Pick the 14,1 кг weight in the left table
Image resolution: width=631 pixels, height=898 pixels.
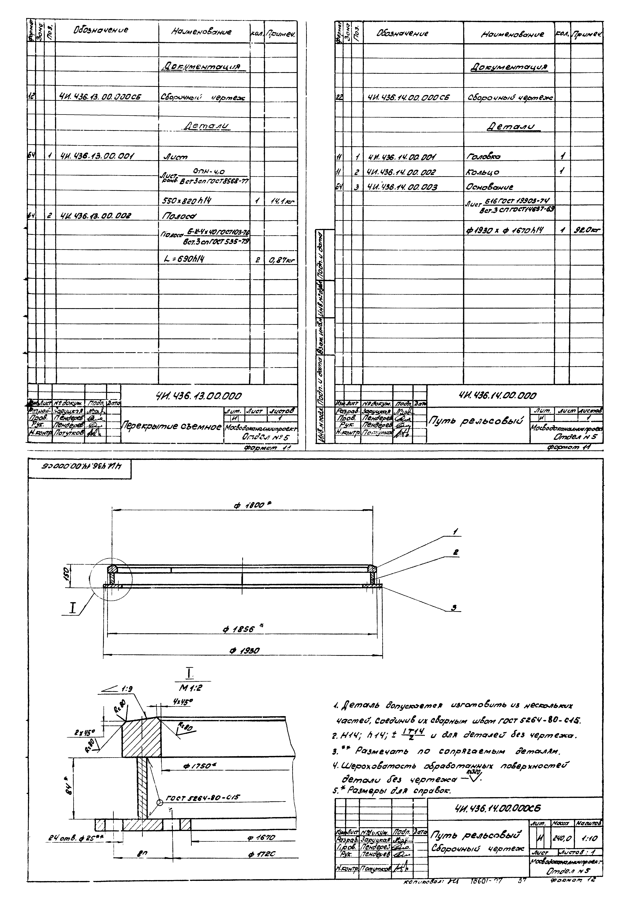281,201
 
